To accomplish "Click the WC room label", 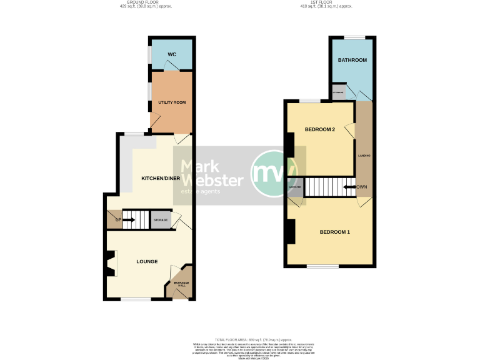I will click(x=172, y=55).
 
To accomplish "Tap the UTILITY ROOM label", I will click(x=171, y=102).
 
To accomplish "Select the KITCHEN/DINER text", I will click(x=161, y=179).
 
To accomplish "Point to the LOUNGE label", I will click(x=147, y=261).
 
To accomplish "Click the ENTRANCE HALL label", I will click(x=181, y=286).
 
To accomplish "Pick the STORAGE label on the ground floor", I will click(x=161, y=220).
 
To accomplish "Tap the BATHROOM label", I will click(x=352, y=60).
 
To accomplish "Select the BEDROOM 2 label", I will click(x=320, y=129).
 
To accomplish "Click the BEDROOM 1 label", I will click(x=334, y=232).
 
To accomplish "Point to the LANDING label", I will click(x=364, y=155).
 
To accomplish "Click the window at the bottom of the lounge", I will click(x=136, y=299).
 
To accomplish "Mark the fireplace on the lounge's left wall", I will click(x=110, y=262).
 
